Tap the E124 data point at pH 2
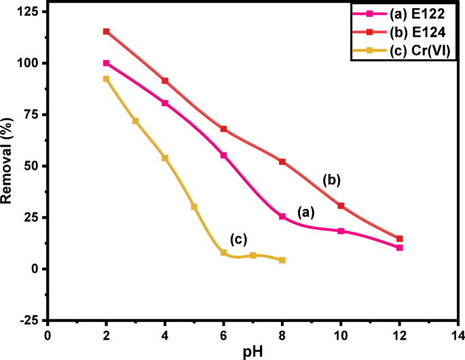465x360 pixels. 106,31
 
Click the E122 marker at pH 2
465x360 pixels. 106,63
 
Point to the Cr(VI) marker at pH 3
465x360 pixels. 135,121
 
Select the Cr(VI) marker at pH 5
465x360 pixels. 194,206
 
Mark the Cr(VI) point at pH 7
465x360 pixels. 253,255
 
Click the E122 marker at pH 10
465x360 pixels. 341,231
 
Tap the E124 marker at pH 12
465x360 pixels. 399,238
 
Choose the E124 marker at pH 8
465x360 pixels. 282,162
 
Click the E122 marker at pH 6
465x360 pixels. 223,156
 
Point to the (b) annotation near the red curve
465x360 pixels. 331,180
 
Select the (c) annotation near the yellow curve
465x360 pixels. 238,238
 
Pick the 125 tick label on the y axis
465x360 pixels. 28,12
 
